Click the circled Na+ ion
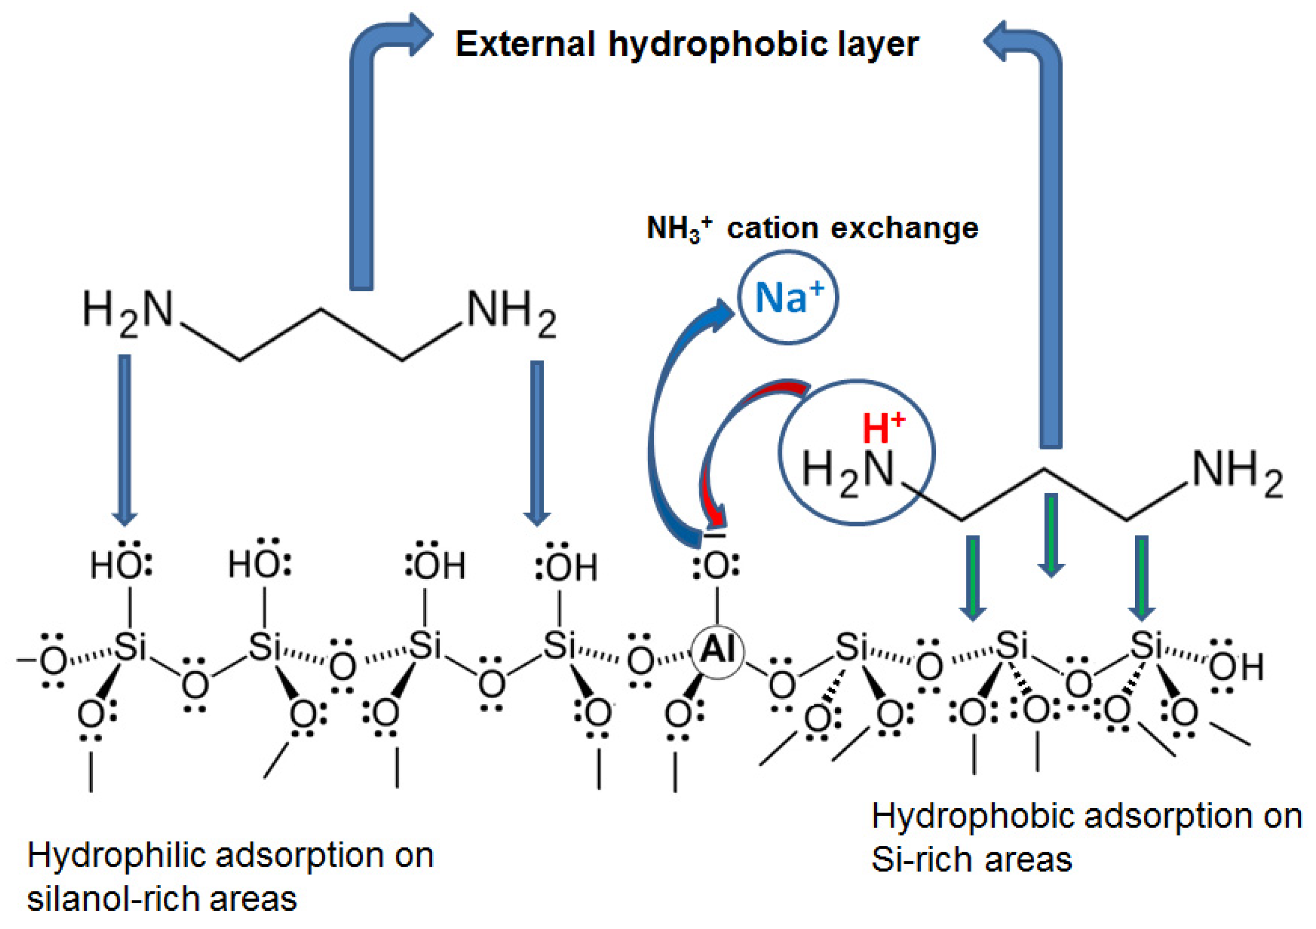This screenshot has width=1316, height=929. [788, 297]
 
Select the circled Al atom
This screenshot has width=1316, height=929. [718, 652]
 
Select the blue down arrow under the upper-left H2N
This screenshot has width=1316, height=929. [125, 438]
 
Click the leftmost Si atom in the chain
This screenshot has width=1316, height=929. [130, 647]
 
